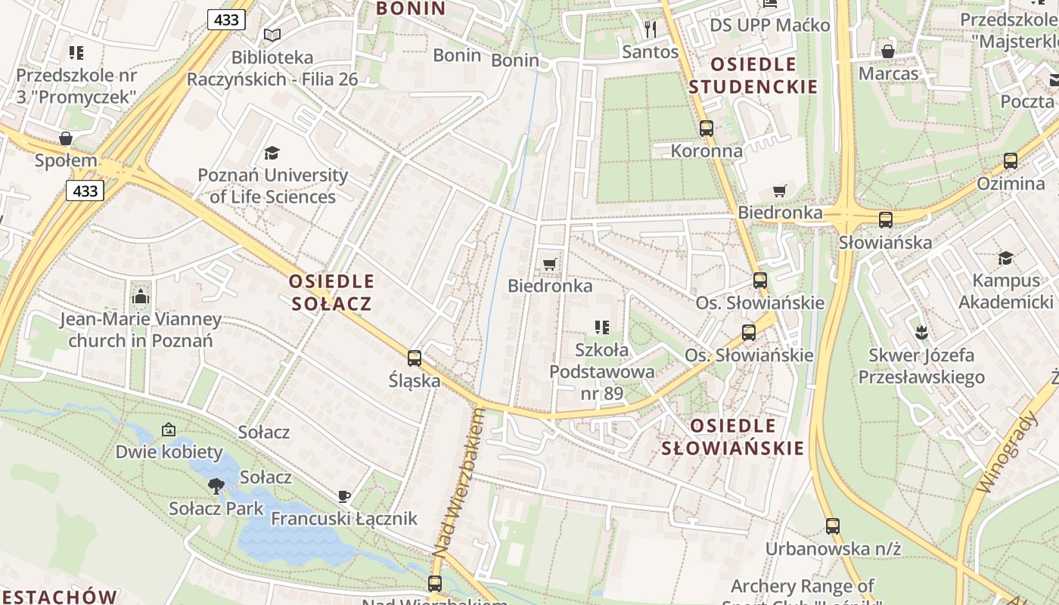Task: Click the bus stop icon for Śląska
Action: (x=415, y=358)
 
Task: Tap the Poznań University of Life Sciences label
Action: (x=273, y=186)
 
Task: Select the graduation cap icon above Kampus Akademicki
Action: (x=1005, y=259)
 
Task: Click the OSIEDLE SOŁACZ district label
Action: (x=331, y=293)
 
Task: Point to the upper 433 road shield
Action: (x=226, y=20)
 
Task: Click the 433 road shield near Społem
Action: (x=85, y=191)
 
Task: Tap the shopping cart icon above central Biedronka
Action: (x=550, y=264)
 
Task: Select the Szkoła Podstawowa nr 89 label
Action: (x=602, y=371)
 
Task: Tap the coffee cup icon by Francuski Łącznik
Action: (x=344, y=497)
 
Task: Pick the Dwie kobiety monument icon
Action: (x=169, y=430)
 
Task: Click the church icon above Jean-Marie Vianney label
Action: (x=141, y=297)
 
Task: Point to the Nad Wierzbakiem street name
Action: (x=458, y=484)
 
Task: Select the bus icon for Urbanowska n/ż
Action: (x=833, y=526)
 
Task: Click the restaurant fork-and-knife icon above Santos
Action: (x=650, y=29)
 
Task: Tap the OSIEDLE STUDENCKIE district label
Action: (x=753, y=75)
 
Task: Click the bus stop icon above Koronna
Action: (x=707, y=129)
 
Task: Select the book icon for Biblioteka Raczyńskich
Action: (x=272, y=35)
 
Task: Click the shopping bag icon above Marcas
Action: (x=888, y=51)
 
